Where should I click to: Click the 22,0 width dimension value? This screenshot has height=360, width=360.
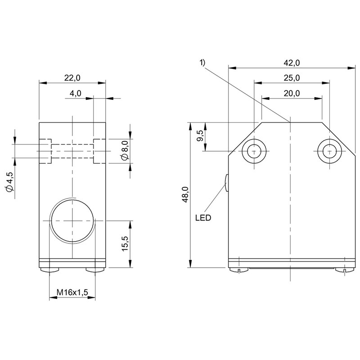[x=72, y=78]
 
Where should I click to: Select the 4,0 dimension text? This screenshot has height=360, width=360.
[x=75, y=93]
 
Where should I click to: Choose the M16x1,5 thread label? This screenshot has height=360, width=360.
[x=72, y=292]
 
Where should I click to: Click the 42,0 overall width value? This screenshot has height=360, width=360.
[x=292, y=63]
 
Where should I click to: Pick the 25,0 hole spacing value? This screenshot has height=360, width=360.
[x=292, y=78]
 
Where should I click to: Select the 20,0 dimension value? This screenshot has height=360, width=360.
[x=292, y=93]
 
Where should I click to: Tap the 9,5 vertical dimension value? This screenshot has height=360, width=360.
[x=200, y=136]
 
